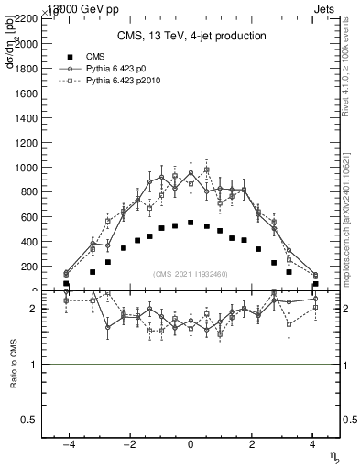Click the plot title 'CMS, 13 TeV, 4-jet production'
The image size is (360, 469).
tap(191, 37)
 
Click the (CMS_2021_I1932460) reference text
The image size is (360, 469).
tap(191, 274)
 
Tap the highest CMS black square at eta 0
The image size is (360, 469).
tap(191, 223)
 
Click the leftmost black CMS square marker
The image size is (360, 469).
tap(66, 284)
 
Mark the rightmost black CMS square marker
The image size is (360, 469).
tap(315, 284)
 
